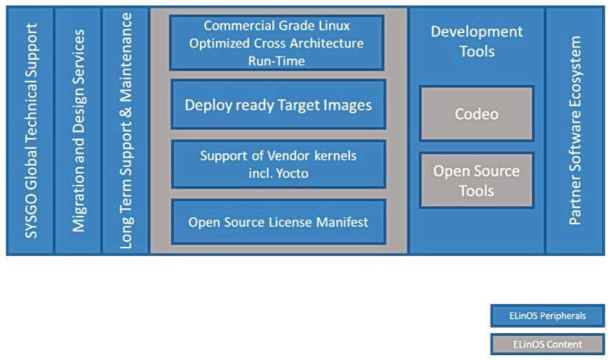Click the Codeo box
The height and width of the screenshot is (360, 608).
[476, 113]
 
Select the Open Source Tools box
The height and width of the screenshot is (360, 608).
[476, 181]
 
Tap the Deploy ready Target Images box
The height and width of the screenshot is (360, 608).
[278, 104]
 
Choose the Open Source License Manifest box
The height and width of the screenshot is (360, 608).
[278, 222]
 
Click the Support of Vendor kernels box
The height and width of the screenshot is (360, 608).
[278, 164]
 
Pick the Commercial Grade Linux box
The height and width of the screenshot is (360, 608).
[276, 43]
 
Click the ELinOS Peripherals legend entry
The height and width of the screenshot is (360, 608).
[547, 315]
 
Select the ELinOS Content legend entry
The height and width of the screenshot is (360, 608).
[547, 343]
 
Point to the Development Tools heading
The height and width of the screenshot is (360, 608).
[476, 41]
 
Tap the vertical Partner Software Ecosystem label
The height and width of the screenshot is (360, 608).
[575, 130]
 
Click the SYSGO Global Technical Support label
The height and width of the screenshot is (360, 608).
[30, 131]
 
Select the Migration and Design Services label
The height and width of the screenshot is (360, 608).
[79, 131]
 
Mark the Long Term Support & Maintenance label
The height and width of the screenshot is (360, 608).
[126, 131]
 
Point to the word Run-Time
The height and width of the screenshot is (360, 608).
[276, 61]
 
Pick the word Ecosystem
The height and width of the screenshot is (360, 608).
[575, 72]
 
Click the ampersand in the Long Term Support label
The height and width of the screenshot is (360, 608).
[126, 112]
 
